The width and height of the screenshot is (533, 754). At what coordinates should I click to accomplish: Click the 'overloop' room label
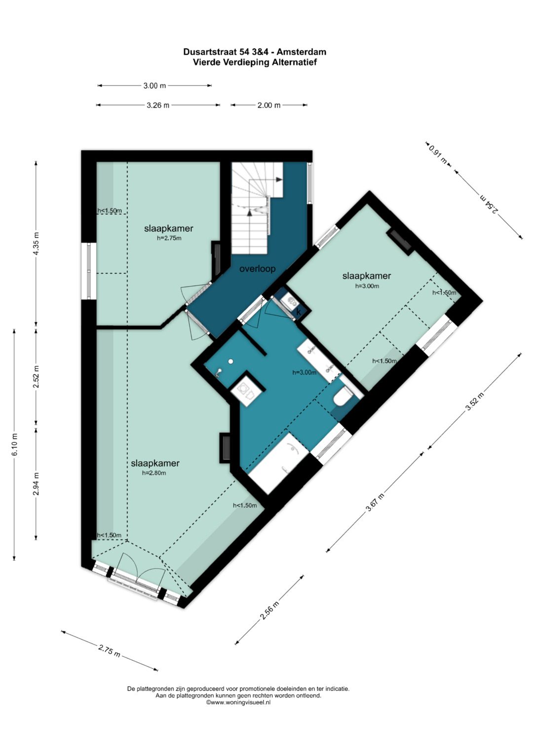(x=257, y=269)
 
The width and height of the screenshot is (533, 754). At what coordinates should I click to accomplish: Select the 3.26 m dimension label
(x=158, y=105)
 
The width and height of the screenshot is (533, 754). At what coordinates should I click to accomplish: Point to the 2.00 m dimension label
(x=269, y=105)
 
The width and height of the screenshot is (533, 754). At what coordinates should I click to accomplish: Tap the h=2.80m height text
(x=154, y=473)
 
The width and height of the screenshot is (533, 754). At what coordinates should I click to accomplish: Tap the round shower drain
(x=230, y=361)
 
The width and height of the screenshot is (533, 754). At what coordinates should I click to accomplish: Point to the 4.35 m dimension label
(x=37, y=243)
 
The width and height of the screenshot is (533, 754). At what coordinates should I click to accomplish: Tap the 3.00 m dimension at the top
(x=154, y=86)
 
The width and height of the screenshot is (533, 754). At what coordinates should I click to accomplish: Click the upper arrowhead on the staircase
(x=279, y=179)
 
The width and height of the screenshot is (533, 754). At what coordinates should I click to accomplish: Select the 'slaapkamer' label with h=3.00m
(x=366, y=276)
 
